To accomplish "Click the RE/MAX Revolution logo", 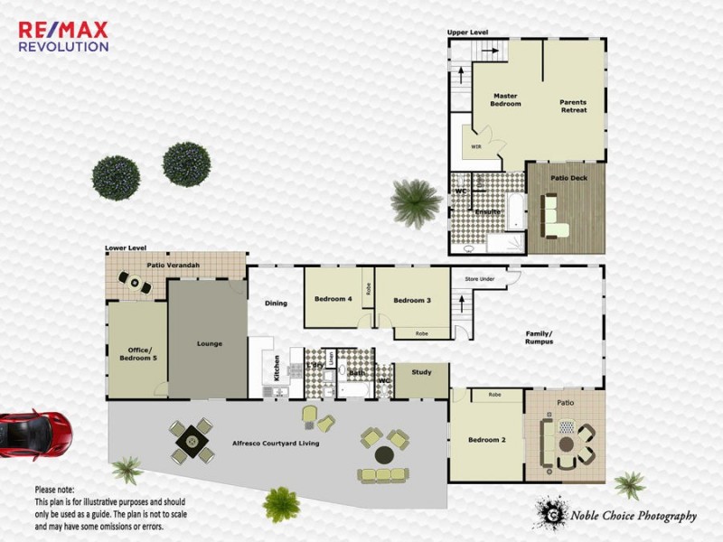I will click(63, 36).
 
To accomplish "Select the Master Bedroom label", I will click(506, 99).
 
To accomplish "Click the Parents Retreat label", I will click(573, 106).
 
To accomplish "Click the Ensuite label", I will click(488, 211).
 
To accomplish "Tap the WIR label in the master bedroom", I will click(475, 145).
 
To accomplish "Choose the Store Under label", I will click(480, 279).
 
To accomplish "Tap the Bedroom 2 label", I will click(485, 440).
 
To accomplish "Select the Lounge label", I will click(209, 343).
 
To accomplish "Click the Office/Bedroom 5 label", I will click(137, 354).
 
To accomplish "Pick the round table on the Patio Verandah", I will click(136, 285).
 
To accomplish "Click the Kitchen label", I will click(277, 367).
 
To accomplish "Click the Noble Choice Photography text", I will click(633, 517).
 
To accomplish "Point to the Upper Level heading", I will click(467, 33).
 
